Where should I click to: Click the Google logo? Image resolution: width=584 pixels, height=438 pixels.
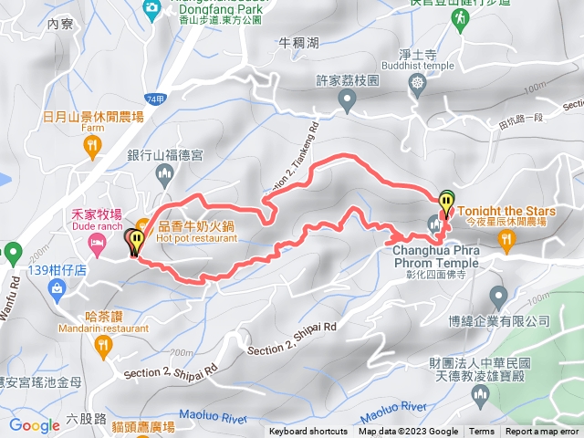tap(35, 425)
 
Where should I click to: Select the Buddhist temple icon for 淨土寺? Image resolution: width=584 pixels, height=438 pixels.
tap(419, 85)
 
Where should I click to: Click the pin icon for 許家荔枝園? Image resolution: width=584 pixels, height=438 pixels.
tap(347, 104)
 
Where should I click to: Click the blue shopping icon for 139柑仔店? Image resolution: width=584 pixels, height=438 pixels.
tap(57, 289)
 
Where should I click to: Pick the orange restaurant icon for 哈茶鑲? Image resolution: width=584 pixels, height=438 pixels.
tap(101, 345)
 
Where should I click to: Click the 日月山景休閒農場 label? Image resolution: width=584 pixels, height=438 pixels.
tap(93, 117)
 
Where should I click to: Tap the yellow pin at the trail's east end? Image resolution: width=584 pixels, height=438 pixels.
tap(446, 202)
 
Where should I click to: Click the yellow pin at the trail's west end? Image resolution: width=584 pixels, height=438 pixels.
tap(136, 242)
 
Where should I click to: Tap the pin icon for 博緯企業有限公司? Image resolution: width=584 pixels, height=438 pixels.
tap(498, 296)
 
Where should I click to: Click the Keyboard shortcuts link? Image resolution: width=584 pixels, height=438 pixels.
tap(308, 432)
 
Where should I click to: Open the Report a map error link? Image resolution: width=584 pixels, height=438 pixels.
tap(543, 432)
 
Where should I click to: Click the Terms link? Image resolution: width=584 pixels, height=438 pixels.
tap(482, 432)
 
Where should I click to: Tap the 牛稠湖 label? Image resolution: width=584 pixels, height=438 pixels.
tap(300, 42)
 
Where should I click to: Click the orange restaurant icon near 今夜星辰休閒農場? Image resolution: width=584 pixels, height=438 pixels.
tap(507, 239)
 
